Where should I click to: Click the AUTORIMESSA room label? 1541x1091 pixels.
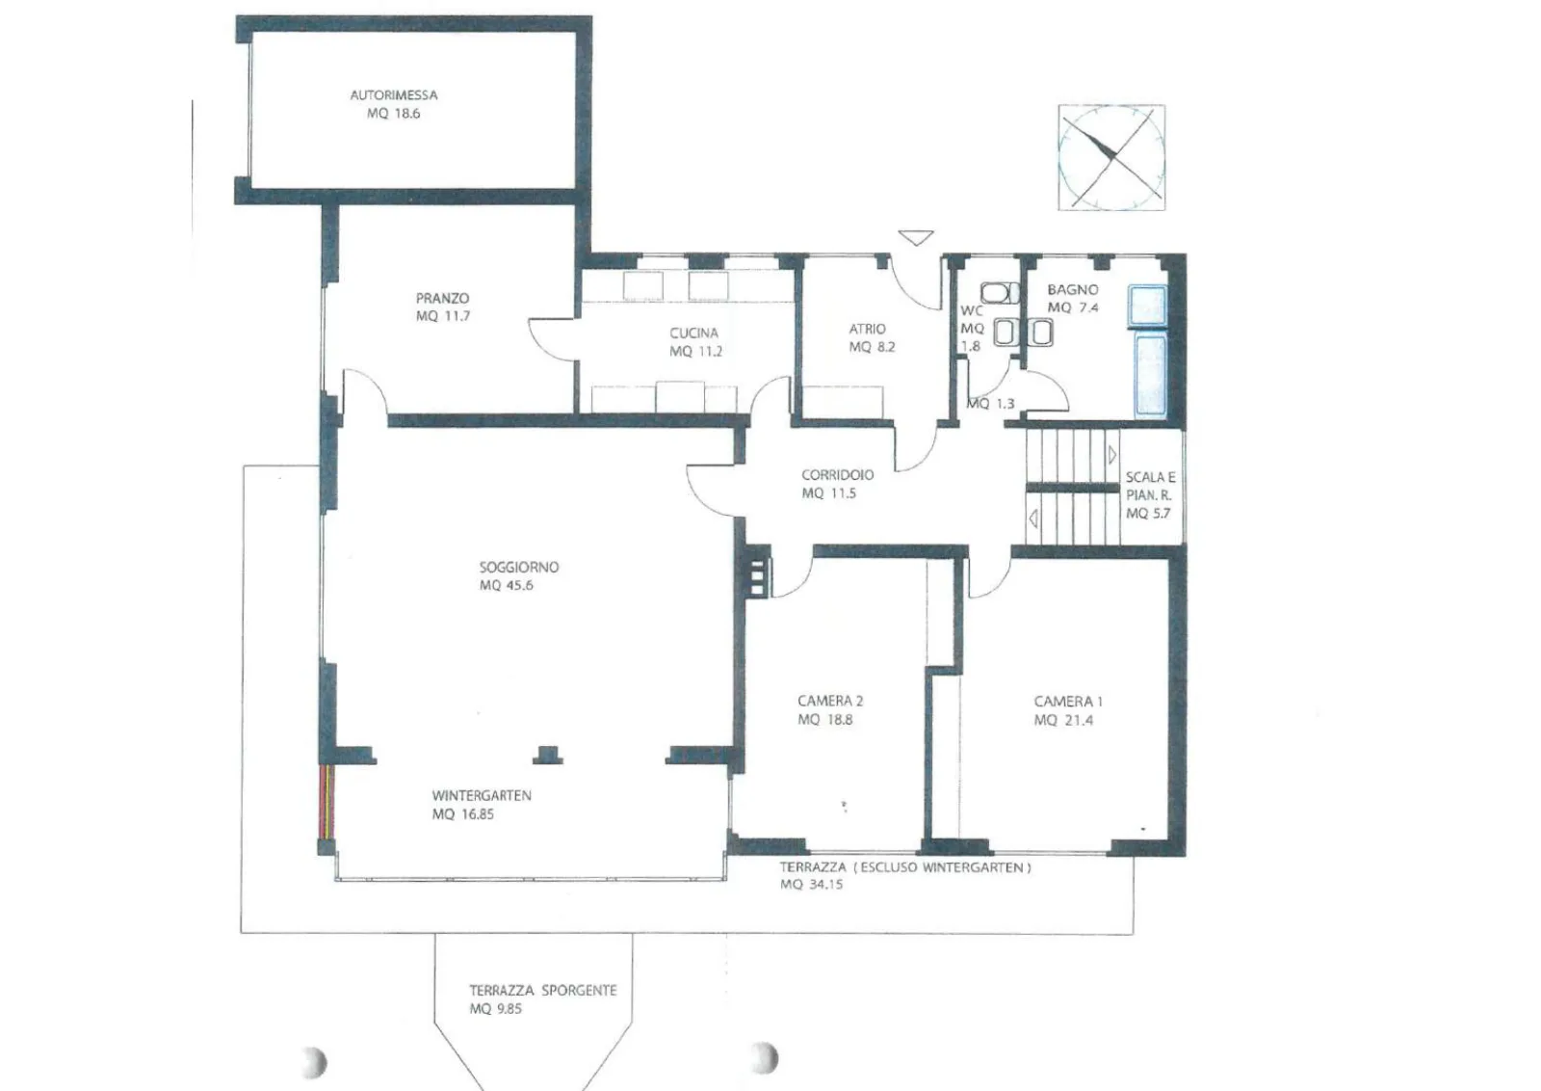(394, 95)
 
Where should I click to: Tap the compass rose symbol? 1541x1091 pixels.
(1111, 157)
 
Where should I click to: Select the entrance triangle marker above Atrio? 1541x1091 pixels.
(916, 237)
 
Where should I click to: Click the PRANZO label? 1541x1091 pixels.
(442, 298)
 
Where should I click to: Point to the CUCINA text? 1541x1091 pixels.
(693, 333)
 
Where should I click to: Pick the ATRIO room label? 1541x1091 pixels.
(867, 329)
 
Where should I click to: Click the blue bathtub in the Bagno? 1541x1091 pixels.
(1150, 375)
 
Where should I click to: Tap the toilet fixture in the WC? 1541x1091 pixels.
(999, 293)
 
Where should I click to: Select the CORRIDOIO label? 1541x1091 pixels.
(837, 475)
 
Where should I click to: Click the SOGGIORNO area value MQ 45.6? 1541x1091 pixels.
(507, 585)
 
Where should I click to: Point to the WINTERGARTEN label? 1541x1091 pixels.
(482, 796)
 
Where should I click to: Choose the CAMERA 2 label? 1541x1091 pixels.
(829, 701)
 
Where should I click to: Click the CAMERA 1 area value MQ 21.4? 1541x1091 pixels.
(1063, 720)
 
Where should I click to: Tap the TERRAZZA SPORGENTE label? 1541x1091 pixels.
(543, 991)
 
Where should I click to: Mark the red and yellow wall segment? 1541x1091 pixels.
(326, 801)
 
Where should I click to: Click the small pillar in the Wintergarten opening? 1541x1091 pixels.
(548, 755)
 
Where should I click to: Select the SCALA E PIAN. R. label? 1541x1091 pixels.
(1150, 495)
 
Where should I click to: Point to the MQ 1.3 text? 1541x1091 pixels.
(991, 404)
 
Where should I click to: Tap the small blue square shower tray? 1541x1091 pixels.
(1148, 305)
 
